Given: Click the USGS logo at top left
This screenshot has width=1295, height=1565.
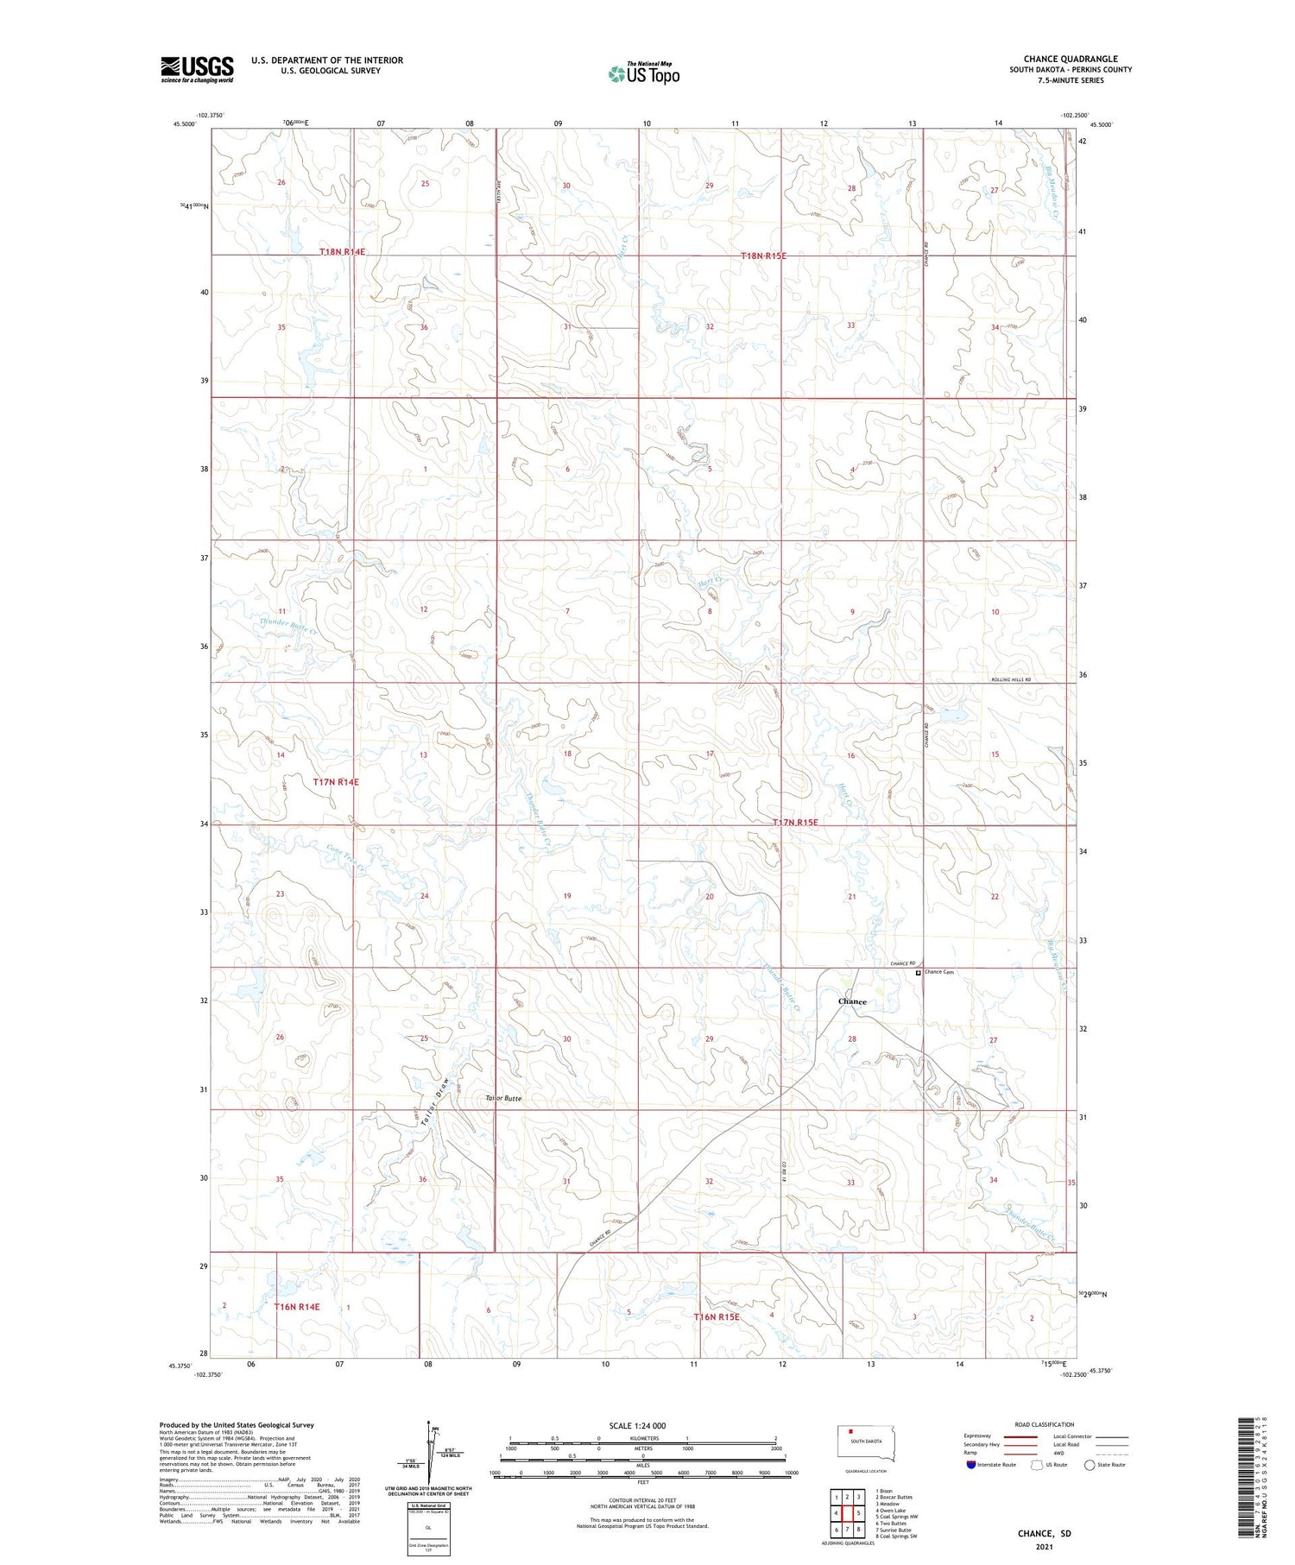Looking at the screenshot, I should [x=197, y=69].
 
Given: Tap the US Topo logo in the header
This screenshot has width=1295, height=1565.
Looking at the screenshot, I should [x=643, y=74].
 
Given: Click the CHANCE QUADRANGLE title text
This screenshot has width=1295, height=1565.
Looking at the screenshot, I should [x=1070, y=59].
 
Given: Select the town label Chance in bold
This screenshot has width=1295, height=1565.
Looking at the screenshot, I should [x=852, y=1001].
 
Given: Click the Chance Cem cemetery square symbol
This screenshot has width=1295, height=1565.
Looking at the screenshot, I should [x=918, y=972].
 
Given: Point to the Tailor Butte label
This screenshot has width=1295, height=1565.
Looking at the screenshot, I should [x=503, y=1098].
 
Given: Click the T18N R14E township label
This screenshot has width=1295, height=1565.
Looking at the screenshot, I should [x=343, y=252].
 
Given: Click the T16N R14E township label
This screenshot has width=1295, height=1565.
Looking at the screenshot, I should [x=297, y=1307].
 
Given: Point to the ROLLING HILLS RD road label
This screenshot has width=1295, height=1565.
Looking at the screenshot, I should [x=1010, y=680].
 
